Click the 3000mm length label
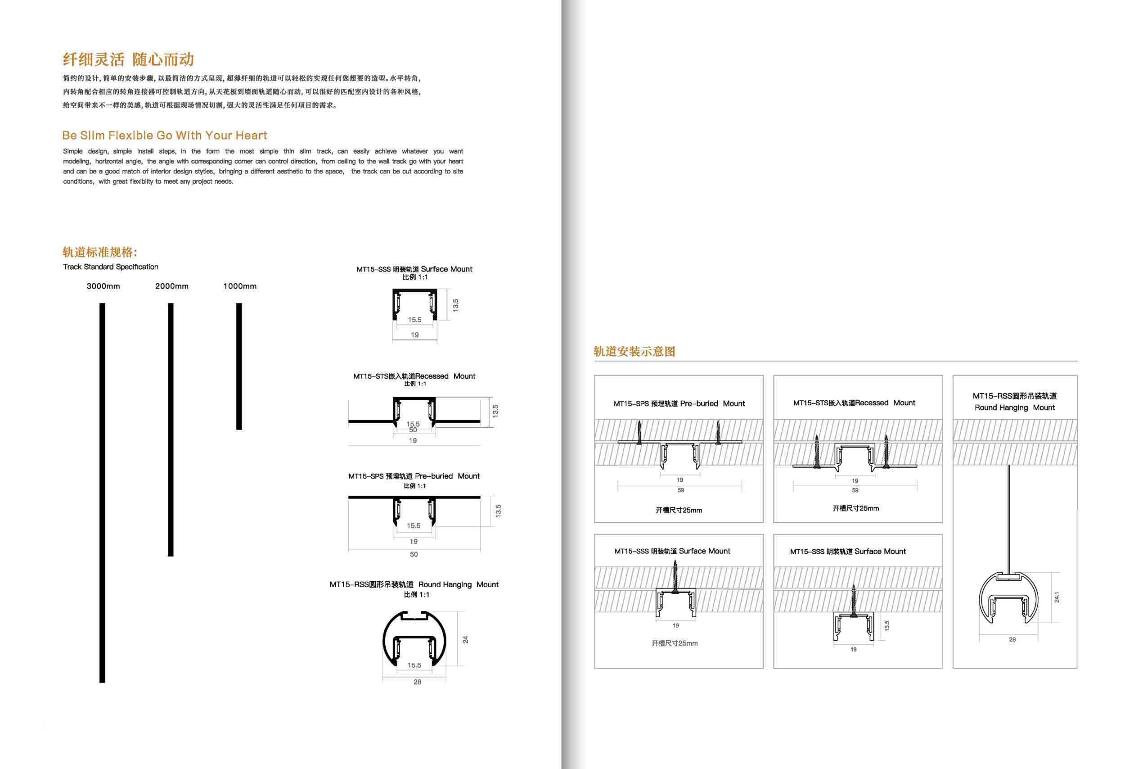pyautogui.click(x=103, y=286)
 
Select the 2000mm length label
pyautogui.click(x=172, y=286)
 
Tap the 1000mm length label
pyautogui.click(x=239, y=286)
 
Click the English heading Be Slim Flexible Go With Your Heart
pyautogui.click(x=165, y=135)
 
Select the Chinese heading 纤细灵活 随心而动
pyautogui.click(x=128, y=59)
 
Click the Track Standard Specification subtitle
pyautogui.click(x=110, y=267)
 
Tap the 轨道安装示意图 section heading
pyautogui.click(x=634, y=352)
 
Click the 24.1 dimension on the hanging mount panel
pyautogui.click(x=1057, y=597)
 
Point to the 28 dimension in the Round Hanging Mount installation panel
pyautogui.click(x=1012, y=640)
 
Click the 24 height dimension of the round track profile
pyautogui.click(x=465, y=640)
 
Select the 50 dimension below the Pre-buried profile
pyautogui.click(x=414, y=555)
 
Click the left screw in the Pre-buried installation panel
pyautogui.click(x=639, y=432)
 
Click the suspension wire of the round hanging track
pyautogui.click(x=1009, y=518)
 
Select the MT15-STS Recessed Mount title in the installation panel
pyautogui.click(x=854, y=403)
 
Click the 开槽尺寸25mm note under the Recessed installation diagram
pyautogui.click(x=855, y=508)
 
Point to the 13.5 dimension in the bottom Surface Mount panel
pyautogui.click(x=887, y=626)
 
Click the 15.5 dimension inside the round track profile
pyautogui.click(x=414, y=665)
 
